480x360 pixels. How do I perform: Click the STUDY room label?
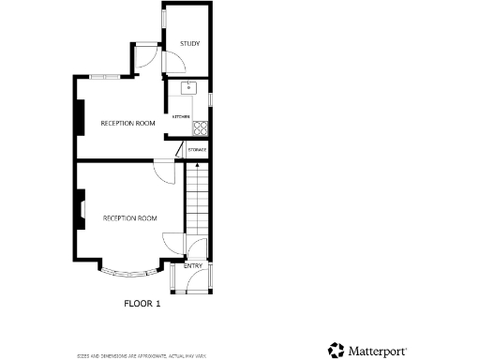click(x=189, y=43)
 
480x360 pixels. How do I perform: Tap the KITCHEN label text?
click(x=180, y=116)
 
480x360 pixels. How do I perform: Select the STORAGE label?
click(x=197, y=150)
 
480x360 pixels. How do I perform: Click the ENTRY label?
click(x=193, y=266)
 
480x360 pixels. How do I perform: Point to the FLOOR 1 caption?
click(x=142, y=303)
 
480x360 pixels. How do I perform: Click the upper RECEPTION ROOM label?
click(x=127, y=124)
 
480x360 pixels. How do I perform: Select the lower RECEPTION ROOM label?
click(x=129, y=218)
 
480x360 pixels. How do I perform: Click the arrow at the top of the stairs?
click(x=197, y=165)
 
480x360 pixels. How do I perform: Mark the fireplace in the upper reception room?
click(x=79, y=117)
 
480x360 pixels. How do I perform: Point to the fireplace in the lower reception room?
click(x=82, y=209)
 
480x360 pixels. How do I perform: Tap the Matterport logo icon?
click(x=336, y=351)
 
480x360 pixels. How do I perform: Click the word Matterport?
click(x=378, y=352)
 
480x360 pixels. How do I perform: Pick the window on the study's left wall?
click(x=164, y=19)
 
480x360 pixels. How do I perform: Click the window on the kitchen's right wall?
click(x=210, y=98)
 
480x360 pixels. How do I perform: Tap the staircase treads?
click(x=197, y=202)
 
